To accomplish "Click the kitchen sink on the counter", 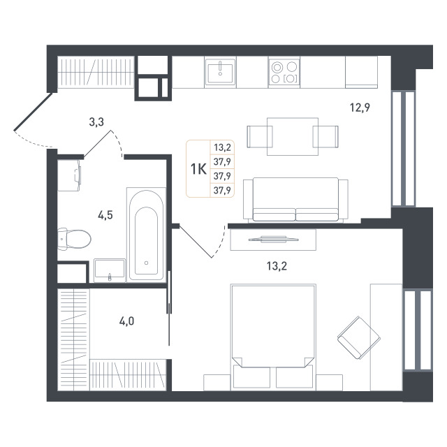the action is point(220,72).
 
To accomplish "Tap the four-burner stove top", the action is point(284,72).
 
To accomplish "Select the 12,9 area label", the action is point(360,108).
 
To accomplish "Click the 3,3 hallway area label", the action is point(96,122).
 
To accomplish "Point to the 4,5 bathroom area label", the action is point(105,215).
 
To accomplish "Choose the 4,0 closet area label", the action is point(126,321).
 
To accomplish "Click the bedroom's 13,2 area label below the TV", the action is point(277,266).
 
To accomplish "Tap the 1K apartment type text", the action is point(198,169).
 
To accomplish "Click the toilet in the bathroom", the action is point(75,239).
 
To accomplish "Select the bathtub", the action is point(146,235).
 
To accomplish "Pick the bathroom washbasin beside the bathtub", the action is point(110,270).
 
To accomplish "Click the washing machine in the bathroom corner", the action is point(69,175).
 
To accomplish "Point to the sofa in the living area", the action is point(295,200).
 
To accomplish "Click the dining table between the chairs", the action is point(293,137).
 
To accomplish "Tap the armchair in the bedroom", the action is point(358,337).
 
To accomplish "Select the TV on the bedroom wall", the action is point(273,240).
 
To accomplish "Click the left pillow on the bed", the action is point(251,376).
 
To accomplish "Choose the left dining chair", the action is point(259,137).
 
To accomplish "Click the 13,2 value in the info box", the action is point(222,147).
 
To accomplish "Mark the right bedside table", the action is point(329,382).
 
